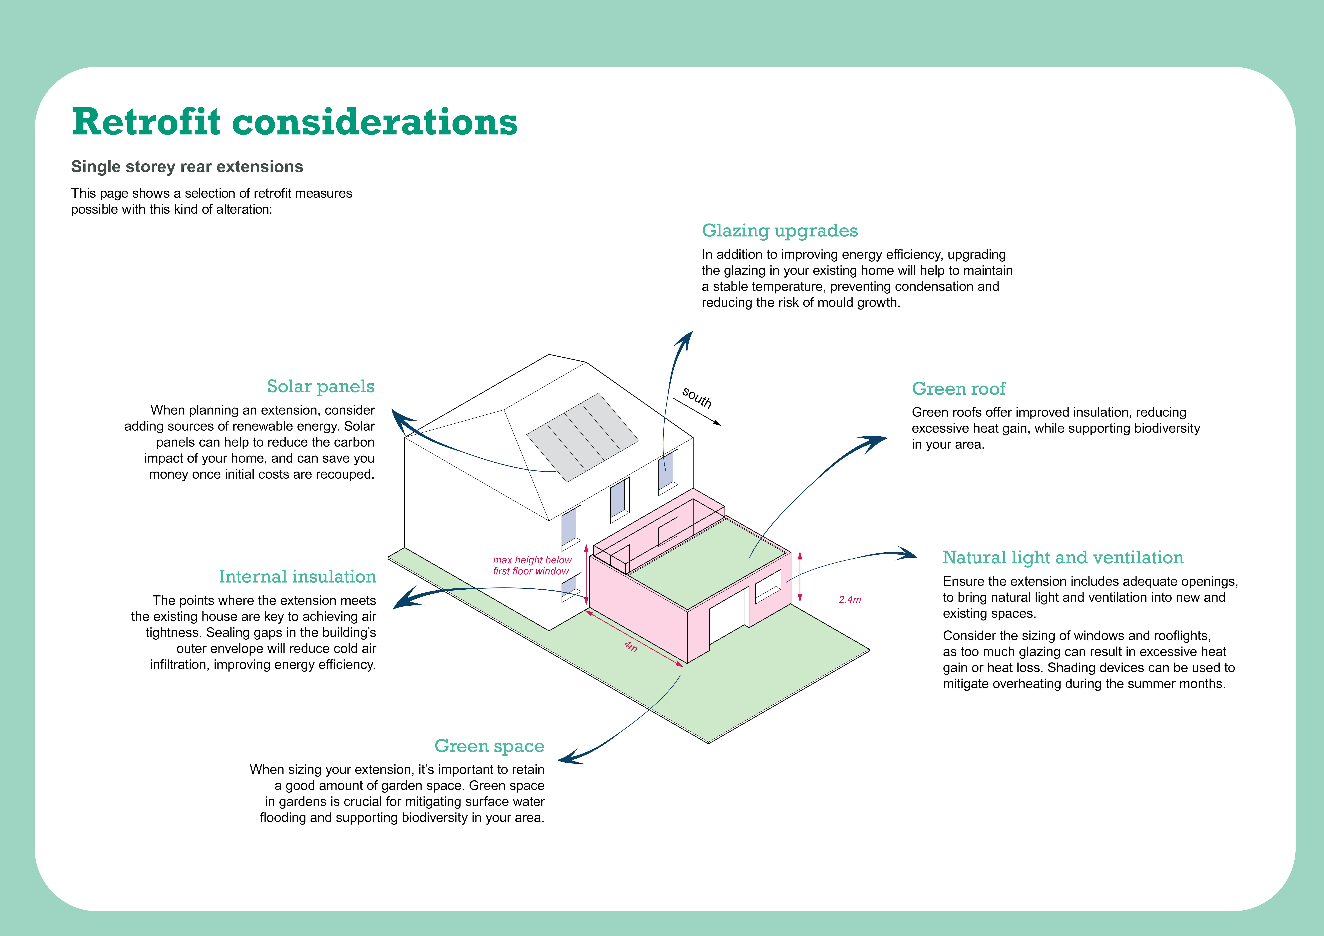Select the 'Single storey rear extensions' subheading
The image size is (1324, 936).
[x=187, y=167]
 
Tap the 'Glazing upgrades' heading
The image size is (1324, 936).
[x=780, y=231]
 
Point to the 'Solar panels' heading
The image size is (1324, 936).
[x=321, y=386]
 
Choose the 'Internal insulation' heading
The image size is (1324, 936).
[x=297, y=576]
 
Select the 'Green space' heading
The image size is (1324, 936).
[x=489, y=746]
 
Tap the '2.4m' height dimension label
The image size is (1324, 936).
[x=849, y=600]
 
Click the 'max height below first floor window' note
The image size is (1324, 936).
[x=532, y=565]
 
